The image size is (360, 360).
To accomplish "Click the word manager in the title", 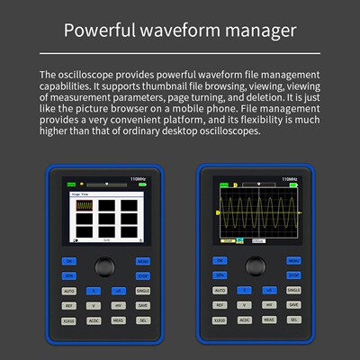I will (262, 31).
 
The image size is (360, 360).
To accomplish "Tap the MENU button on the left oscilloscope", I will (142, 261).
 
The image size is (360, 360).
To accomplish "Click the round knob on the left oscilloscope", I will (106, 268).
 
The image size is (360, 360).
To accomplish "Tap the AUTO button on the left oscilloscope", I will (69, 291).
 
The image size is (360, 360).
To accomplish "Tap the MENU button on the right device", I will (292, 261).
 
